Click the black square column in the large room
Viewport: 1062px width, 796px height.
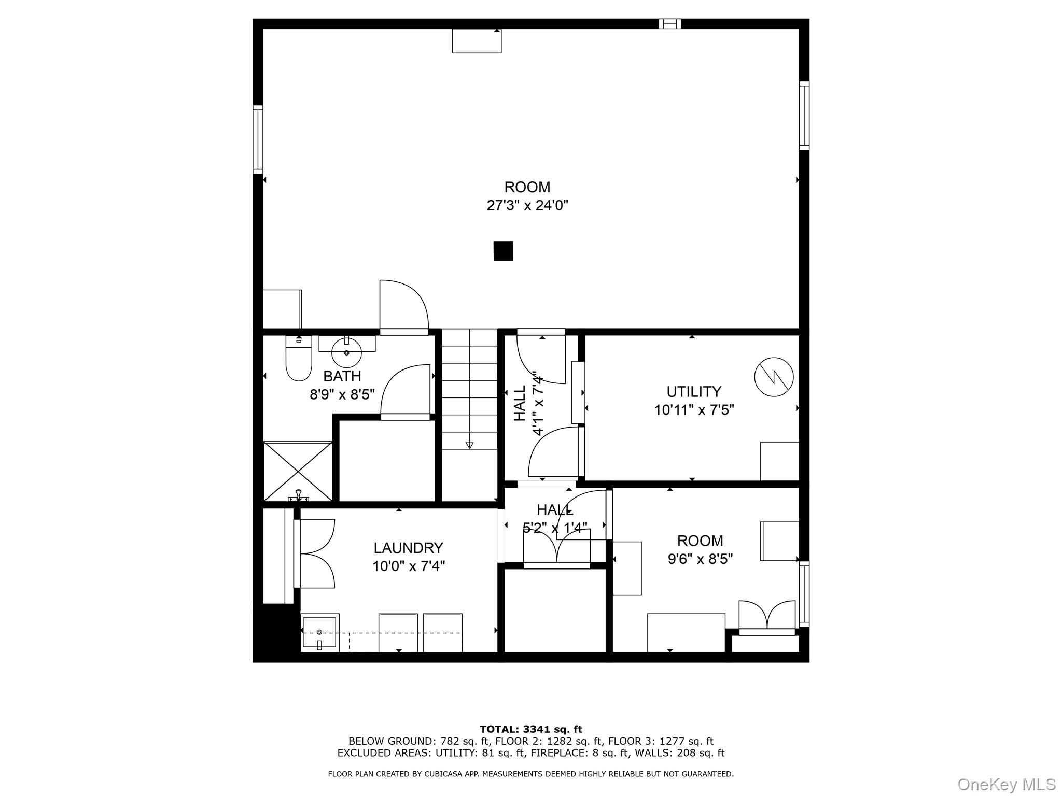(x=503, y=251)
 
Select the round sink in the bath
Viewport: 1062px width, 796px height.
(x=346, y=352)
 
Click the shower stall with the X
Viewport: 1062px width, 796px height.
(x=298, y=471)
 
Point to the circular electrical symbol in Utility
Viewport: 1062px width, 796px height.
(x=774, y=377)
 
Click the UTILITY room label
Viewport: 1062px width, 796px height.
(x=694, y=391)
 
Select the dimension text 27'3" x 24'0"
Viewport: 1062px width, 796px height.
(x=527, y=206)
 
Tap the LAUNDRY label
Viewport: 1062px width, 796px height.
(x=408, y=548)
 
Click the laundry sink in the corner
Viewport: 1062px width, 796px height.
(x=320, y=633)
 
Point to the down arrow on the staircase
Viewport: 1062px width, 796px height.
(x=470, y=445)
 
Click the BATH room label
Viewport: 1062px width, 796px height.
(x=342, y=376)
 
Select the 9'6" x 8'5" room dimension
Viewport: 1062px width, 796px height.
(x=700, y=559)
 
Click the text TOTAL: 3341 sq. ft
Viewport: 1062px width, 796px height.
(x=530, y=730)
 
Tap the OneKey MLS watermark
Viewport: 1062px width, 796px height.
(x=1006, y=784)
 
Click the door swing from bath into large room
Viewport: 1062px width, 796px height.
(x=403, y=306)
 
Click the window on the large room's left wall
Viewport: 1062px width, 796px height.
(x=258, y=139)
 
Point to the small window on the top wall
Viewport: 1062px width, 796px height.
(x=669, y=23)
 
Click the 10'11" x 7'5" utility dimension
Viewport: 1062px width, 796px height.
(x=694, y=410)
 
